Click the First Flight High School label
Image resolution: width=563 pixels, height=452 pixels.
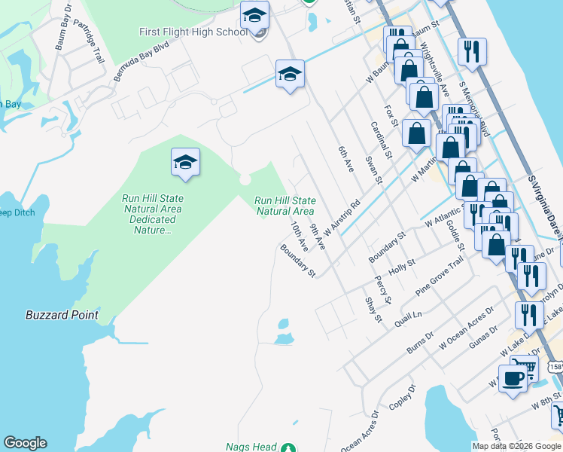click(x=193, y=32)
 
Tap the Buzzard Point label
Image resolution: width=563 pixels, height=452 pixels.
click(x=62, y=315)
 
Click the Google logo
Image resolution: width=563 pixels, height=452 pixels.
click(x=25, y=443)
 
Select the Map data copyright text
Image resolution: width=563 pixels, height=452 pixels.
click(x=517, y=446)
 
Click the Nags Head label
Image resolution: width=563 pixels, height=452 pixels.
click(x=251, y=447)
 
